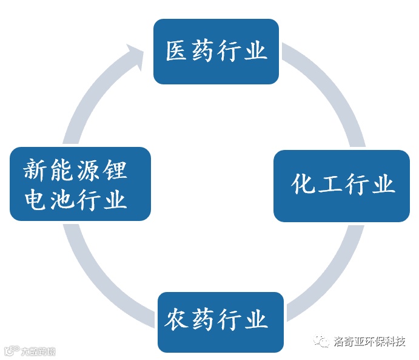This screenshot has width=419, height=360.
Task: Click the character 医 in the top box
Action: tap(176, 52)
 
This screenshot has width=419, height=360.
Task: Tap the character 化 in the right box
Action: tap(303, 184)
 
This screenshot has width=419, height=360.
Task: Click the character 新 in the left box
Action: tap(36, 170)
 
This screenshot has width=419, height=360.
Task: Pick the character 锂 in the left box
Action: tap(116, 170)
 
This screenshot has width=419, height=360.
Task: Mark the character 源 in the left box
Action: tap(89, 170)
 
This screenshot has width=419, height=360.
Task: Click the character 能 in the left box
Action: tap(62, 170)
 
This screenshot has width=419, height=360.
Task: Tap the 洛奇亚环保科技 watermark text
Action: tap(369, 342)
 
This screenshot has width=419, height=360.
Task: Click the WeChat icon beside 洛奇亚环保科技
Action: tap(322, 342)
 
